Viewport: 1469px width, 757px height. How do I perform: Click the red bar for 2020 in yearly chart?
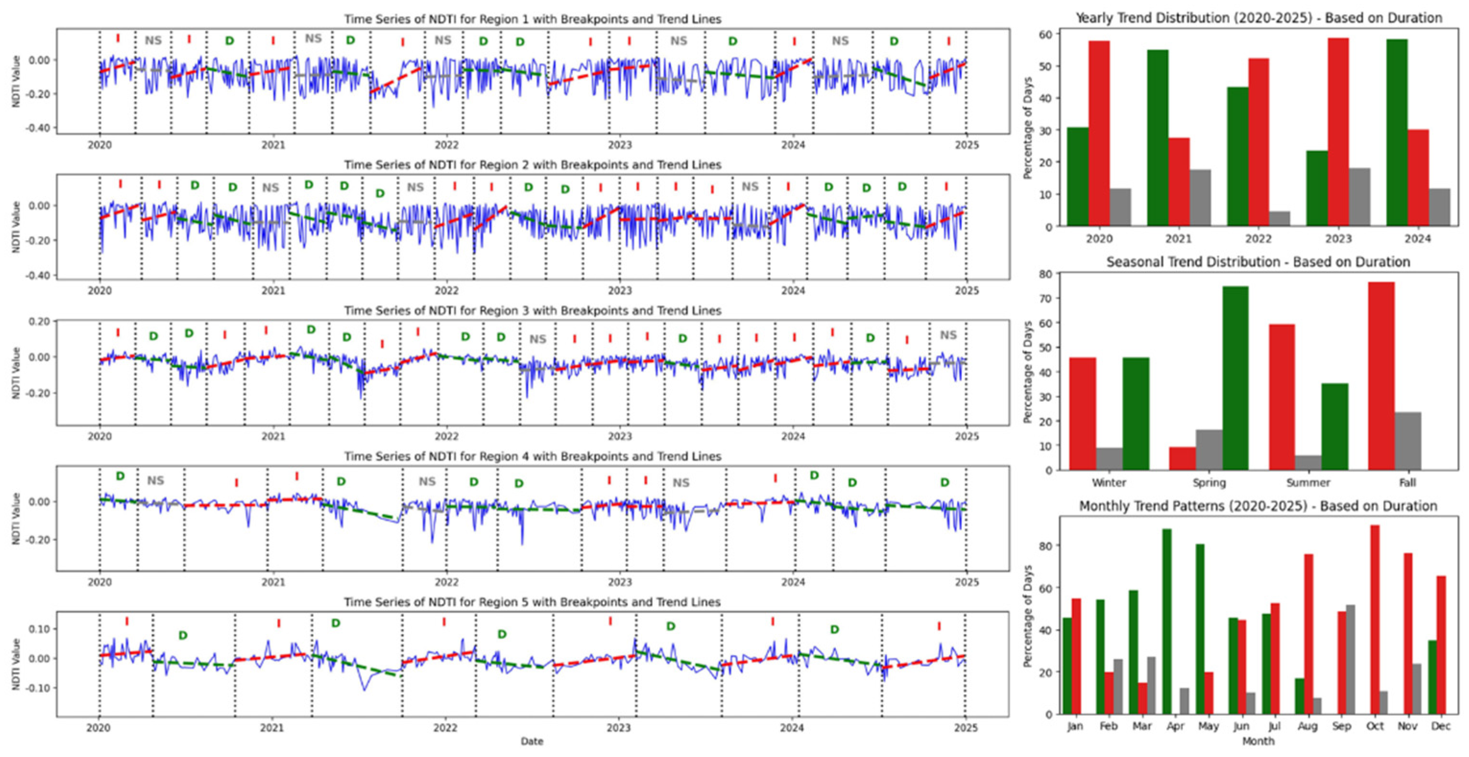pos(1099,133)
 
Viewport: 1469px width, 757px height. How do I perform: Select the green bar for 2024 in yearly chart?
pos(1397,132)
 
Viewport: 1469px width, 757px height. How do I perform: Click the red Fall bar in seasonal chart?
pos(1381,376)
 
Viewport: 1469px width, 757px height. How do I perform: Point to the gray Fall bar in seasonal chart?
pos(1408,441)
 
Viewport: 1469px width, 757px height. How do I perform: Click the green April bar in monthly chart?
pos(1167,621)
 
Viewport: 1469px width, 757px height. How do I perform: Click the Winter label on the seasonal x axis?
pos(1109,482)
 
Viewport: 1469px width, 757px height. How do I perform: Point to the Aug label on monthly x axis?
pos(1307,726)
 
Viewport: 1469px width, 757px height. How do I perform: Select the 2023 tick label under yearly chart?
pos(1338,239)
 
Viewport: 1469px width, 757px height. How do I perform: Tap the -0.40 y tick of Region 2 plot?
pos(39,276)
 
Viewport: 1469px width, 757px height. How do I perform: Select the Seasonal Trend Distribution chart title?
pos(1258,262)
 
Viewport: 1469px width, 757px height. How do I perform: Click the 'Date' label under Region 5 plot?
pos(531,741)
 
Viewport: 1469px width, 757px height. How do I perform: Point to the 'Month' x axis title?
pos(1257,741)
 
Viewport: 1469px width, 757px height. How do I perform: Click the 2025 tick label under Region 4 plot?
pos(966,582)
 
